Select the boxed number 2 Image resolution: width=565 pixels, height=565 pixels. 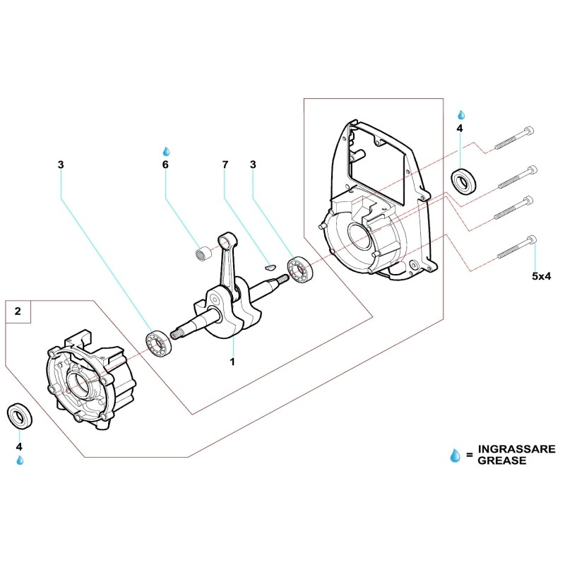pyautogui.click(x=18, y=311)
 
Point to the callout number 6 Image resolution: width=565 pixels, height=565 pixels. pyautogui.click(x=166, y=165)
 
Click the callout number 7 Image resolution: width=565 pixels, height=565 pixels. pyautogui.click(x=225, y=165)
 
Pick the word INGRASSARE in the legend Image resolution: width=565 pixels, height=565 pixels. pyautogui.click(x=517, y=449)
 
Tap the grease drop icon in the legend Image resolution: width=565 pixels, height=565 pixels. pyautogui.click(x=455, y=456)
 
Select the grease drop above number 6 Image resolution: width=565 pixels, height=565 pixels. pyautogui.click(x=167, y=151)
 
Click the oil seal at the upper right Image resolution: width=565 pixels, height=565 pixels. pyautogui.click(x=463, y=182)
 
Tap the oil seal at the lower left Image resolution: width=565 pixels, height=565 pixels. pyautogui.click(x=19, y=415)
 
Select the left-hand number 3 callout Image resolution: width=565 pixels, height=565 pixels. pyautogui.click(x=61, y=165)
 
